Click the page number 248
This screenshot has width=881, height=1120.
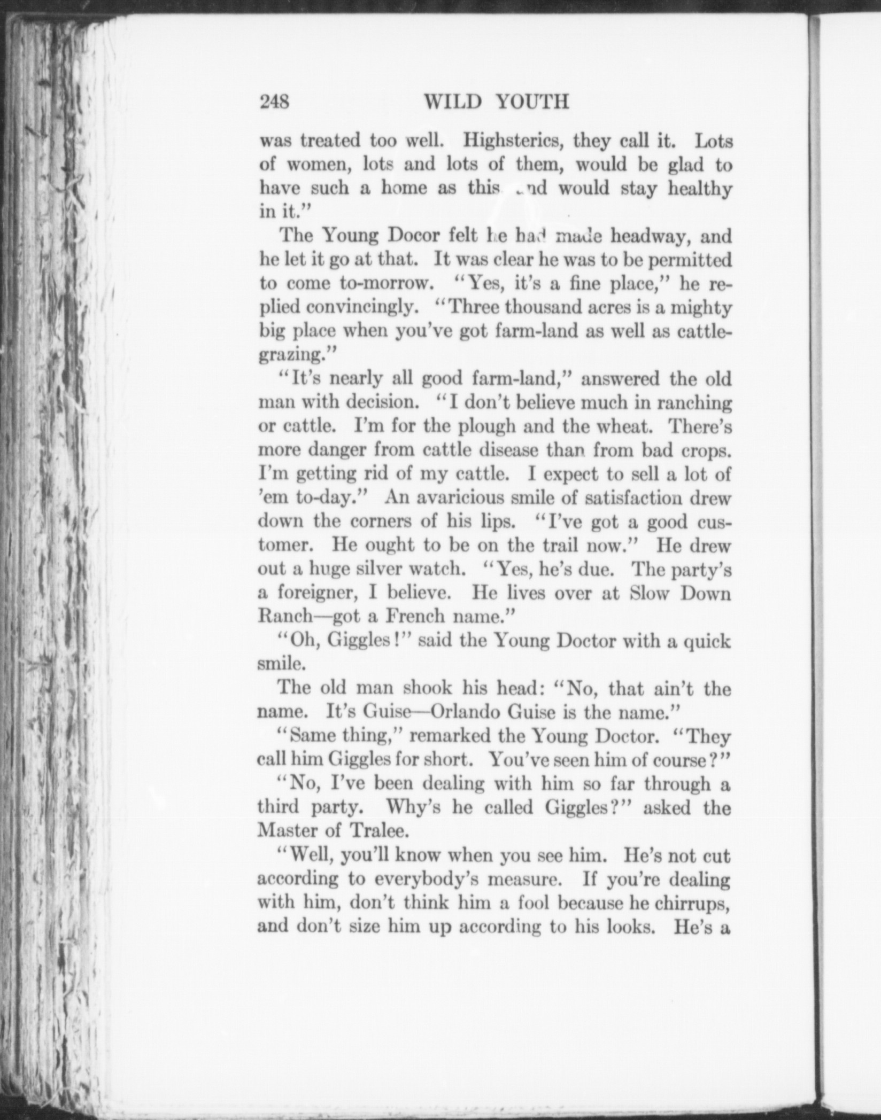click(274, 102)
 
